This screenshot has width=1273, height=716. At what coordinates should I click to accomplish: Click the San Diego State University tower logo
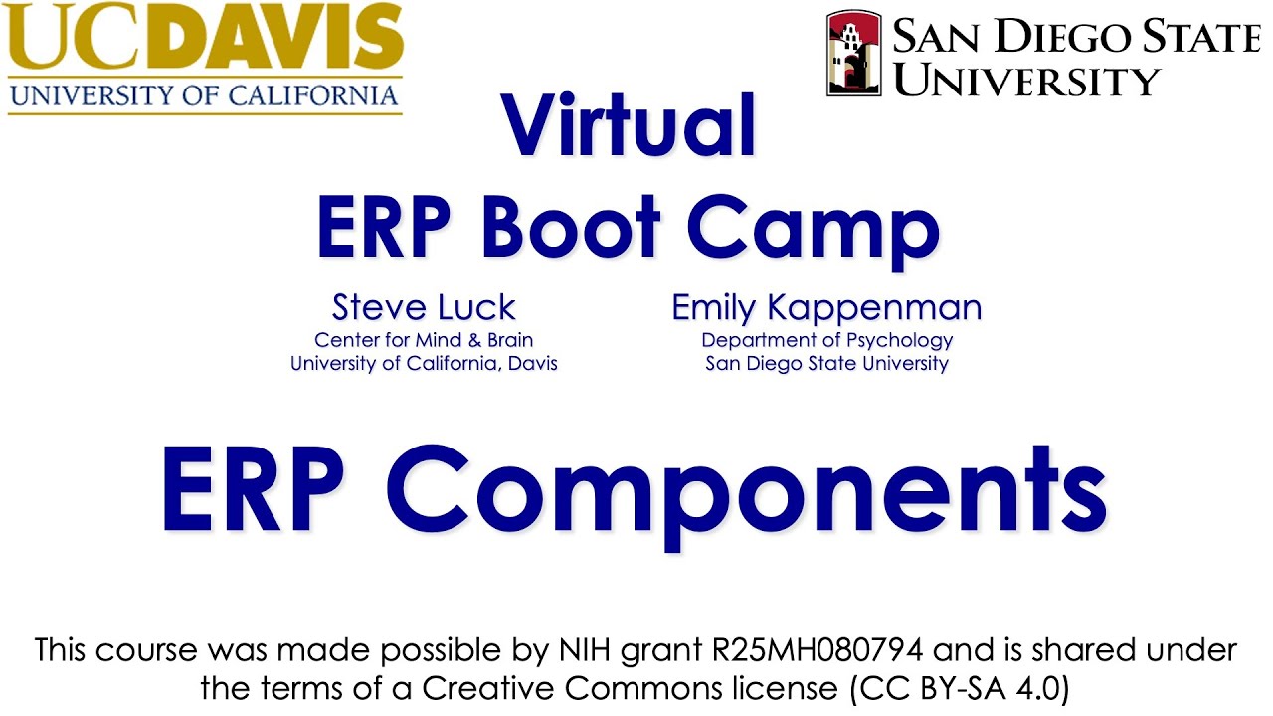pos(852,54)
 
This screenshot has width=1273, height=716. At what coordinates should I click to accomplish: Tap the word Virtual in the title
pos(630,125)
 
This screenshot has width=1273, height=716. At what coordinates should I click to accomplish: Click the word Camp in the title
pos(813,231)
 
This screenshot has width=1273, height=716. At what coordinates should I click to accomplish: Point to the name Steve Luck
pos(424,307)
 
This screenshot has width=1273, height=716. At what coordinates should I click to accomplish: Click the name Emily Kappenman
pos(826,307)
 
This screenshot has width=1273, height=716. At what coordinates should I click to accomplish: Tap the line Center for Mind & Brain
pos(424,339)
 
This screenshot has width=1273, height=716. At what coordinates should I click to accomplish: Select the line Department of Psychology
pos(826,339)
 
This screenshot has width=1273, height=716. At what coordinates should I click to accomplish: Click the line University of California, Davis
pos(424,363)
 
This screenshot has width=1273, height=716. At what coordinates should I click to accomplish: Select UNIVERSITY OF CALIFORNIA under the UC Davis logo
pos(204,96)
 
